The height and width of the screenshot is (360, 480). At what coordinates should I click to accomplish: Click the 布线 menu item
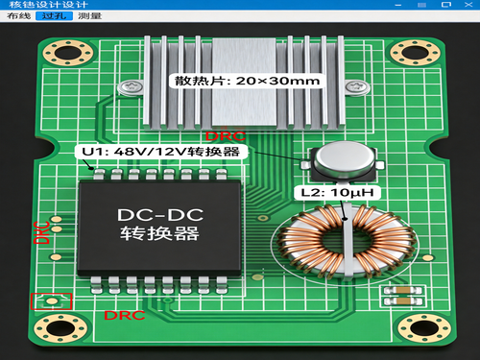point(19,15)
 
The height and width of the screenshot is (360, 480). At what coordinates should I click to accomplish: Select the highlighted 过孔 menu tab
point(54,15)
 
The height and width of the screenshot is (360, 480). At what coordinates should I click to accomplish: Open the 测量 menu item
point(90,15)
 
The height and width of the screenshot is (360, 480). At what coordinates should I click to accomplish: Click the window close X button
point(468,5)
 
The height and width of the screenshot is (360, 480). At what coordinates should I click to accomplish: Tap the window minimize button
point(398,5)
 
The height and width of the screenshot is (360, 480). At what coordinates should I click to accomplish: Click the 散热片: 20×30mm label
point(247,81)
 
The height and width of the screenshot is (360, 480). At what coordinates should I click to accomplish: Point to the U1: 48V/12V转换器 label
point(161,152)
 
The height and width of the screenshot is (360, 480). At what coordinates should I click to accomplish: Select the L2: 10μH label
point(337,193)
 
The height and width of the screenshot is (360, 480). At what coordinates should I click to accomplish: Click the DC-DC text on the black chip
point(160,215)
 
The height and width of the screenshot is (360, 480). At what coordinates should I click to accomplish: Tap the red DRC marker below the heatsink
point(226,136)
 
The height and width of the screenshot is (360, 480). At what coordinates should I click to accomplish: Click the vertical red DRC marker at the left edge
point(41,232)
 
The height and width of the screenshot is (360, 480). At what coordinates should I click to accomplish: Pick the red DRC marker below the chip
point(125,316)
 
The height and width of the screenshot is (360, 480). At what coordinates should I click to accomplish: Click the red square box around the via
point(51,294)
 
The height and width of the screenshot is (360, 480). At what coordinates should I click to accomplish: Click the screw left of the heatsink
point(131,87)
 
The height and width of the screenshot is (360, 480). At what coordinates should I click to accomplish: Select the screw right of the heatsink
point(357,86)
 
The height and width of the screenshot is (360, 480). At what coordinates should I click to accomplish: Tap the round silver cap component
point(344,159)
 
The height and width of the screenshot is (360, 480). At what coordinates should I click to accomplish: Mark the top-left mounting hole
point(68,53)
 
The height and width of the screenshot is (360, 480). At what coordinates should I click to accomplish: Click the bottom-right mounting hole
point(424,328)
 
